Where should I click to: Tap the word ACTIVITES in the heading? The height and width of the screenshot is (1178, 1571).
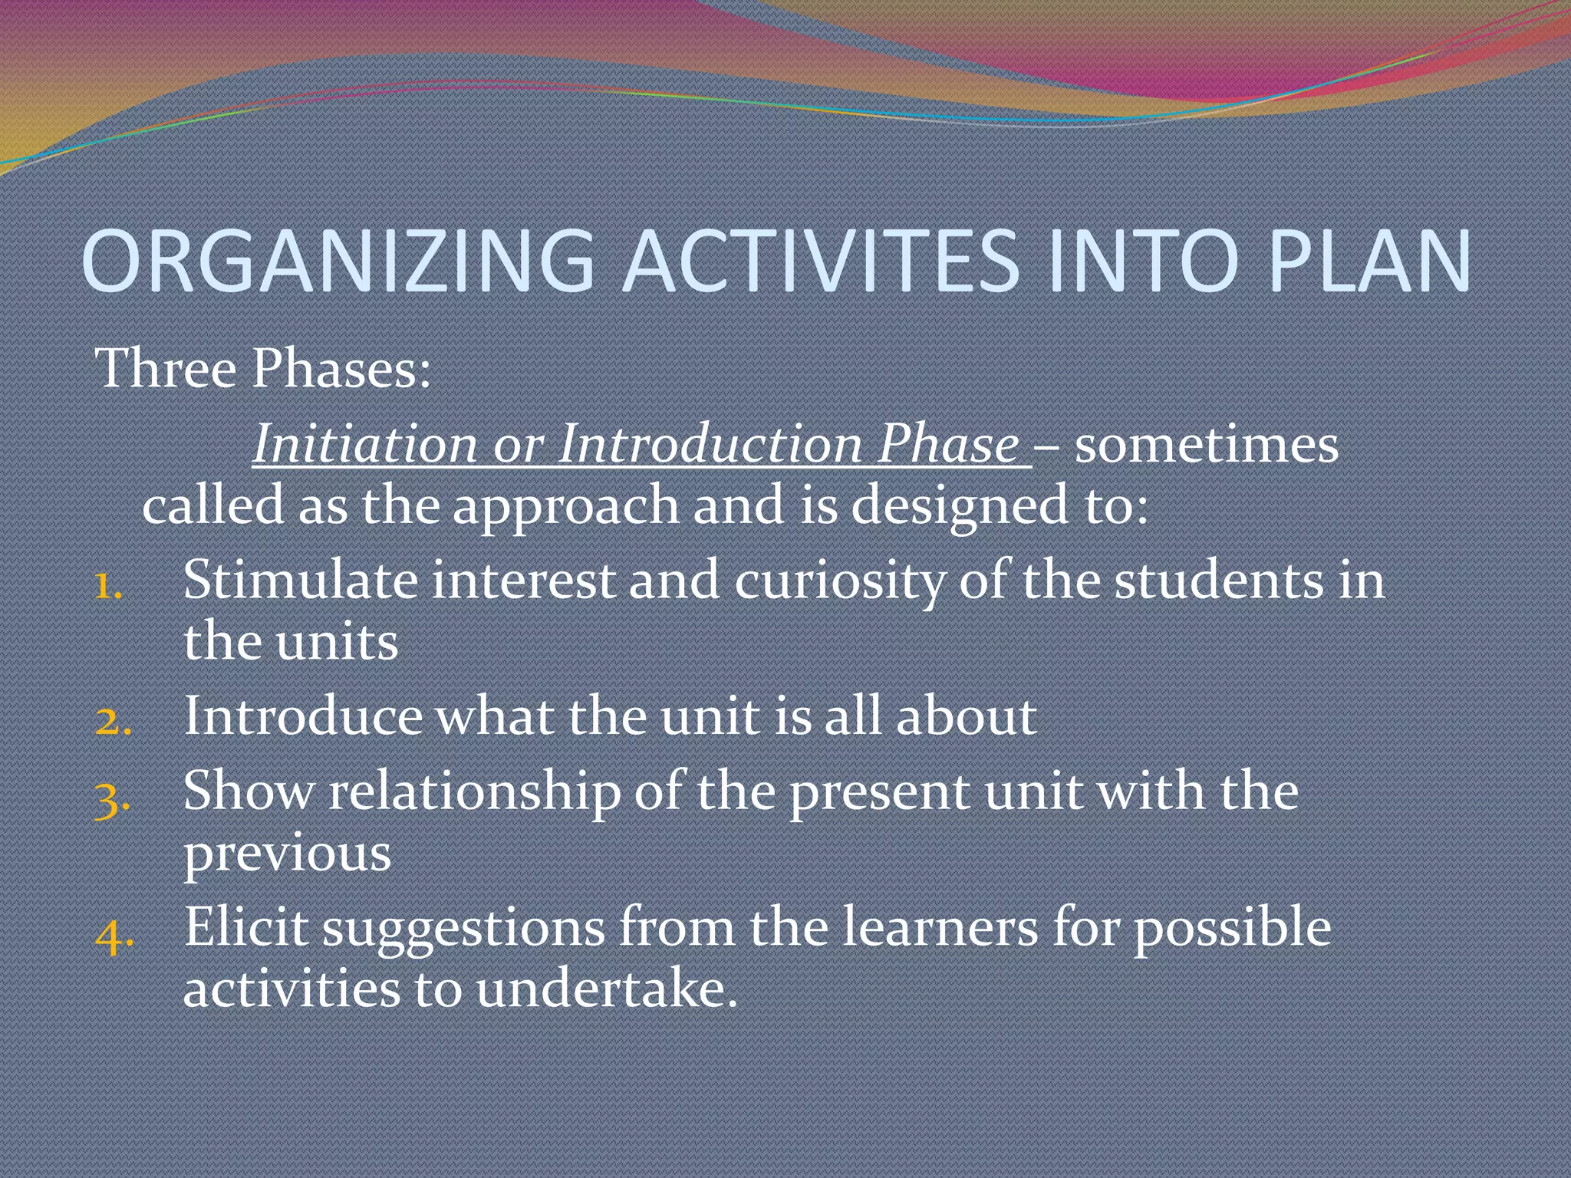click(821, 261)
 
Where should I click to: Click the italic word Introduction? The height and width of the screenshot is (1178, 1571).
click(710, 444)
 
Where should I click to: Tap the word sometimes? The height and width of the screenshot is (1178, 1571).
click(1207, 444)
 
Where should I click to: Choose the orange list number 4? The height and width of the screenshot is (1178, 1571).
click(114, 935)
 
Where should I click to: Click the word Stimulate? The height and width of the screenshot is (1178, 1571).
click(300, 580)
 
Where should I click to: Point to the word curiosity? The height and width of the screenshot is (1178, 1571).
click(840, 581)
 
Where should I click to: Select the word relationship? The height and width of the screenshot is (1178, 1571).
click(475, 792)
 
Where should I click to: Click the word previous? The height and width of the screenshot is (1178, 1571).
click(287, 853)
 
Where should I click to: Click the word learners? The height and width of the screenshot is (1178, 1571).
click(940, 927)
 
